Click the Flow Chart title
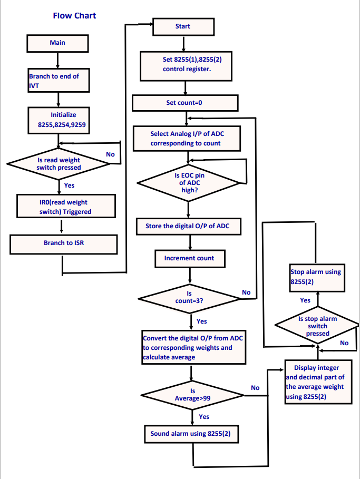(74, 15)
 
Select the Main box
(57, 43)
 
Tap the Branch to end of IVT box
(59, 81)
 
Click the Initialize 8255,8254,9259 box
(63, 120)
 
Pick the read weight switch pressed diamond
(59, 164)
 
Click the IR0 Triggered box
(65, 207)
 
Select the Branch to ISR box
(63, 243)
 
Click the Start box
(183, 27)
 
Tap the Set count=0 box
(184, 103)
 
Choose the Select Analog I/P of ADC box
(186, 139)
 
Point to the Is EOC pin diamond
(189, 182)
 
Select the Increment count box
(189, 258)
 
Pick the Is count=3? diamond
(189, 298)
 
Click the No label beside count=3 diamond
(246, 292)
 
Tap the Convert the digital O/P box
(193, 348)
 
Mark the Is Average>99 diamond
(192, 395)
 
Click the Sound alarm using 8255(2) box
(194, 434)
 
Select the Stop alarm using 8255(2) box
(316, 278)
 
